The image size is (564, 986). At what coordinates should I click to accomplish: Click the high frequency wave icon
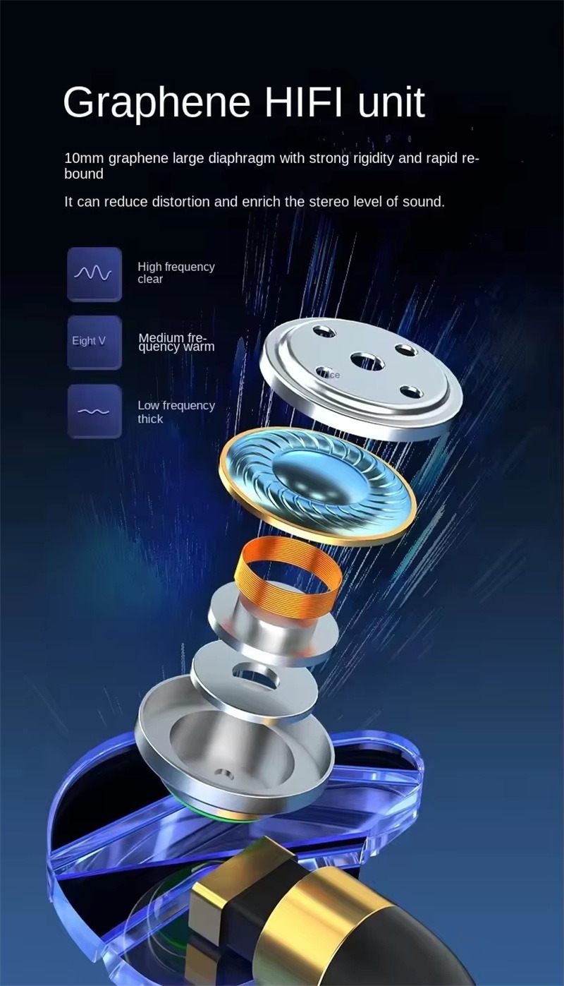(94, 274)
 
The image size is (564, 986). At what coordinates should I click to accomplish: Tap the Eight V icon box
(94, 342)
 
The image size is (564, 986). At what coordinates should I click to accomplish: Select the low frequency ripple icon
(94, 411)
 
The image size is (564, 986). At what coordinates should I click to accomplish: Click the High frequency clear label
(175, 273)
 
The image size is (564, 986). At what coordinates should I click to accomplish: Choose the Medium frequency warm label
(176, 342)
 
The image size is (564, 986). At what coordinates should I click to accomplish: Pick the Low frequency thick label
(176, 412)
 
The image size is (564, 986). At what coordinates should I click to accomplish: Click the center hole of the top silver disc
(367, 362)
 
